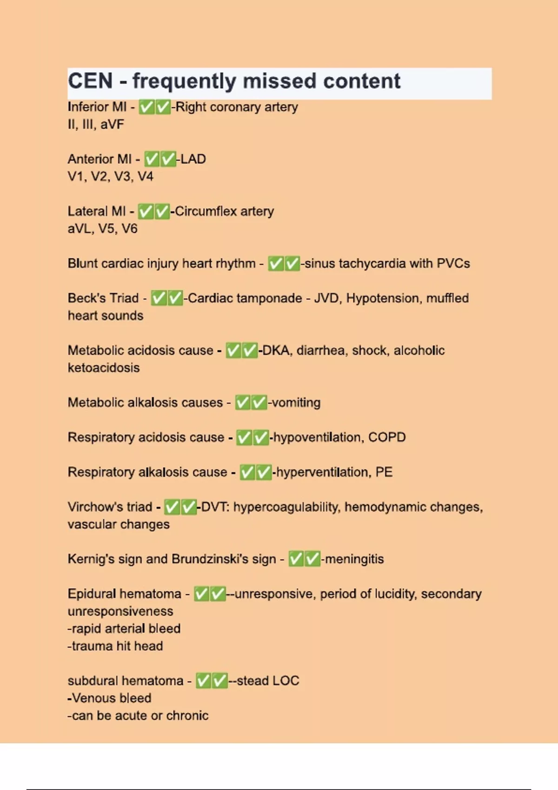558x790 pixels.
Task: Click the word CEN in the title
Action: click(90, 81)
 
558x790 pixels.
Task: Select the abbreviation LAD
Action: click(193, 159)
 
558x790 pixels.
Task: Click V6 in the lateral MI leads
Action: click(129, 229)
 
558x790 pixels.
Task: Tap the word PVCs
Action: click(453, 263)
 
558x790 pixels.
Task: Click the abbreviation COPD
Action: click(387, 437)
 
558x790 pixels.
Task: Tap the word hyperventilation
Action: click(323, 472)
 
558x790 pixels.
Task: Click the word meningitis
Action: click(354, 559)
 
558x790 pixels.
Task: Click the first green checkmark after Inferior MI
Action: click(146, 107)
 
